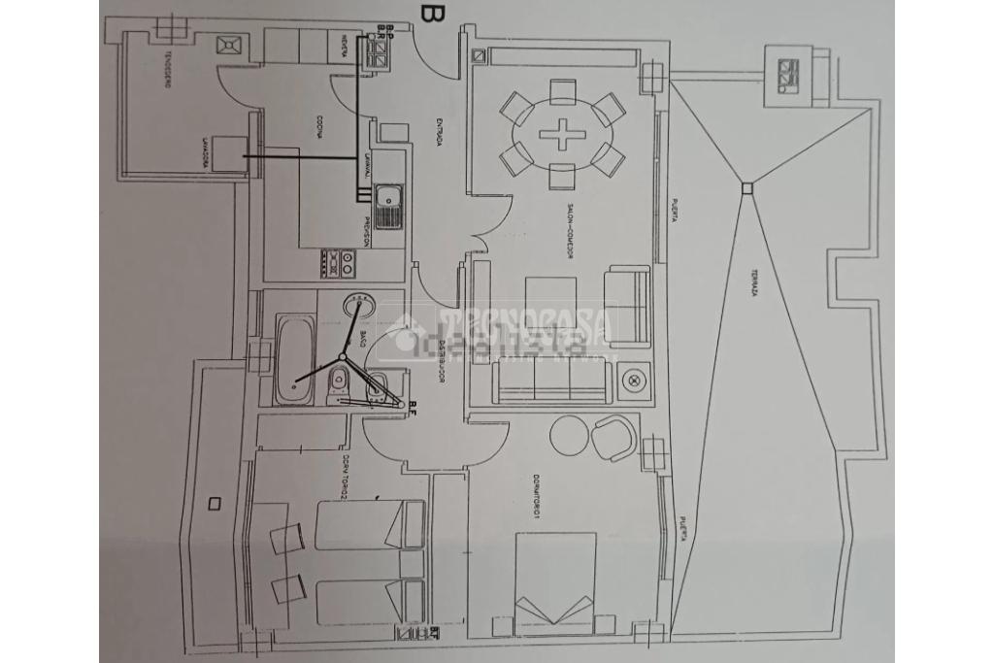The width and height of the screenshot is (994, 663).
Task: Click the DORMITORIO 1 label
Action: pyautogui.click(x=537, y=501)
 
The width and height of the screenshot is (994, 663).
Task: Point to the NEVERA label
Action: pyautogui.click(x=345, y=46)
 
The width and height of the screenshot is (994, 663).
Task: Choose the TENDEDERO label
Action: pyautogui.click(x=168, y=69)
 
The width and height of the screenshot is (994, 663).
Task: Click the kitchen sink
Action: pyautogui.click(x=388, y=205)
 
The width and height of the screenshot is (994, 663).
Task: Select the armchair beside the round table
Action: pyautogui.click(x=613, y=436)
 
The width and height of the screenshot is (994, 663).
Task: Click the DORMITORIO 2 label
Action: pyautogui.click(x=345, y=479)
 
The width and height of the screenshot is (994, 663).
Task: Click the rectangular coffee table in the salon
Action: pyautogui.click(x=550, y=306)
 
